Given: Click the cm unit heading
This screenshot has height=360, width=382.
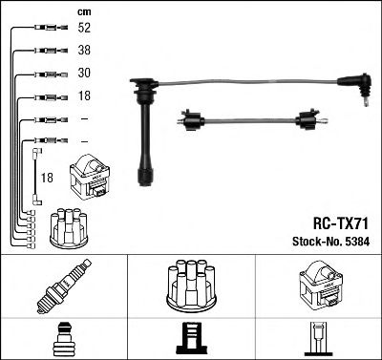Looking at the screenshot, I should pyautogui.click(x=83, y=11).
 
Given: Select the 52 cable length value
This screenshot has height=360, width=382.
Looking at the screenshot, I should pyautogui.click(x=83, y=29).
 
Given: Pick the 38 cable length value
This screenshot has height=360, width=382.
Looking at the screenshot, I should pyautogui.click(x=83, y=52).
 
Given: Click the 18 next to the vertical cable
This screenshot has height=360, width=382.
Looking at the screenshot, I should pyautogui.click(x=46, y=178).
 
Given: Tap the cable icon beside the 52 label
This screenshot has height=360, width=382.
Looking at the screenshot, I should pyautogui.click(x=46, y=30).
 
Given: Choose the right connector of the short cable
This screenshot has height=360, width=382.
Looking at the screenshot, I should pyautogui.click(x=308, y=120).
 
